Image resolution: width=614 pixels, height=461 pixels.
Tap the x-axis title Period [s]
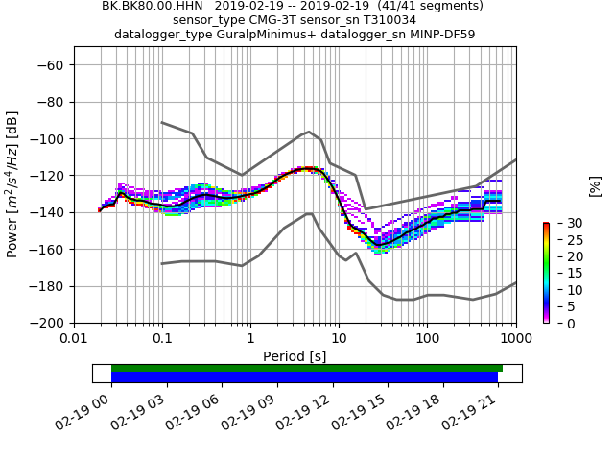tap(295, 356)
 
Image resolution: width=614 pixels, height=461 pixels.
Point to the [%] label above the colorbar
tap(595, 185)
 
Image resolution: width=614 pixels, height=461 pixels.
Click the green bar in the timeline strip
tap(307, 368)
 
